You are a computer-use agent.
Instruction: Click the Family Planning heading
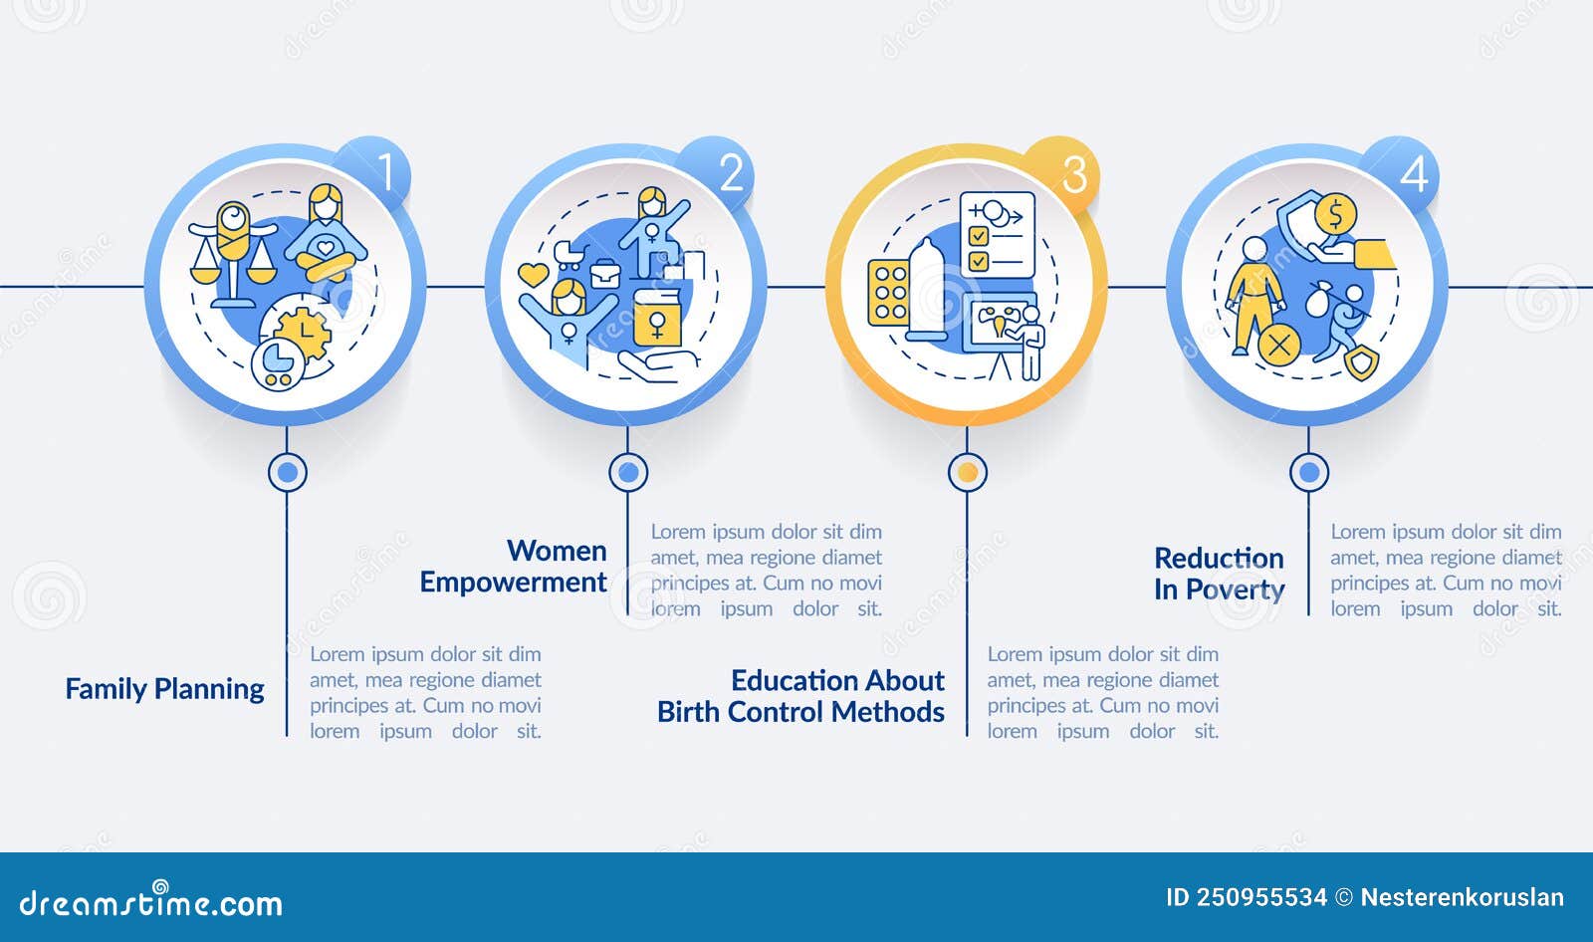pos(164,689)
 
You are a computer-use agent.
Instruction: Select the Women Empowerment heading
pos(514,566)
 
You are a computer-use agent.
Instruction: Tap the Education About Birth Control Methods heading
pos(801,696)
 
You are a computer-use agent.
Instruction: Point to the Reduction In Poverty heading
pos(1219,574)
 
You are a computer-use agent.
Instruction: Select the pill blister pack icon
pos(889,294)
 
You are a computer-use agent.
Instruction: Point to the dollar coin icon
pos(1335,214)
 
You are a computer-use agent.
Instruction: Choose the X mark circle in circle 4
pos(1279,346)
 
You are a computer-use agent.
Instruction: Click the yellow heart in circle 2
pos(534,274)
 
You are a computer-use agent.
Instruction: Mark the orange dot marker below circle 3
pos(967,472)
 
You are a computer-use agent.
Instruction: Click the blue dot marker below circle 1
pos(288,472)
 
